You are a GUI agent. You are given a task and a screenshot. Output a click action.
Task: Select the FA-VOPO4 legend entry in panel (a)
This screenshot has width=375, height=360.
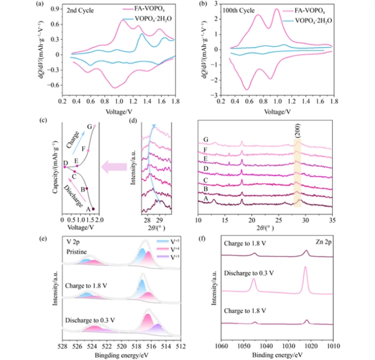click(x=153, y=10)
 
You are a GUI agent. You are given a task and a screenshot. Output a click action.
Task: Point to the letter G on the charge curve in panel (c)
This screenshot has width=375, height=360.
click(x=89, y=126)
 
